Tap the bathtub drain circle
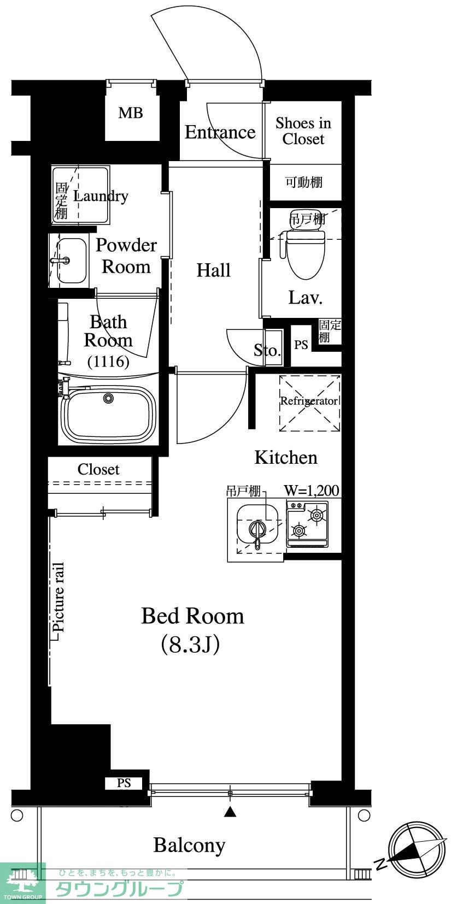point(108,398)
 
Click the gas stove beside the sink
point(307,524)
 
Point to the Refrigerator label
point(309,401)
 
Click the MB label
point(131,113)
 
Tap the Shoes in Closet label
point(303,131)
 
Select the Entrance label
point(220,132)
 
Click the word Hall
point(213,270)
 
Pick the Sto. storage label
point(267,350)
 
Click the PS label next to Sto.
point(301,345)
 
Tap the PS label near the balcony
point(124,783)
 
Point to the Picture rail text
point(58,597)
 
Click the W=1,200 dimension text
point(312,491)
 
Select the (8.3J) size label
point(190,645)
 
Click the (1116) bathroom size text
point(108,361)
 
